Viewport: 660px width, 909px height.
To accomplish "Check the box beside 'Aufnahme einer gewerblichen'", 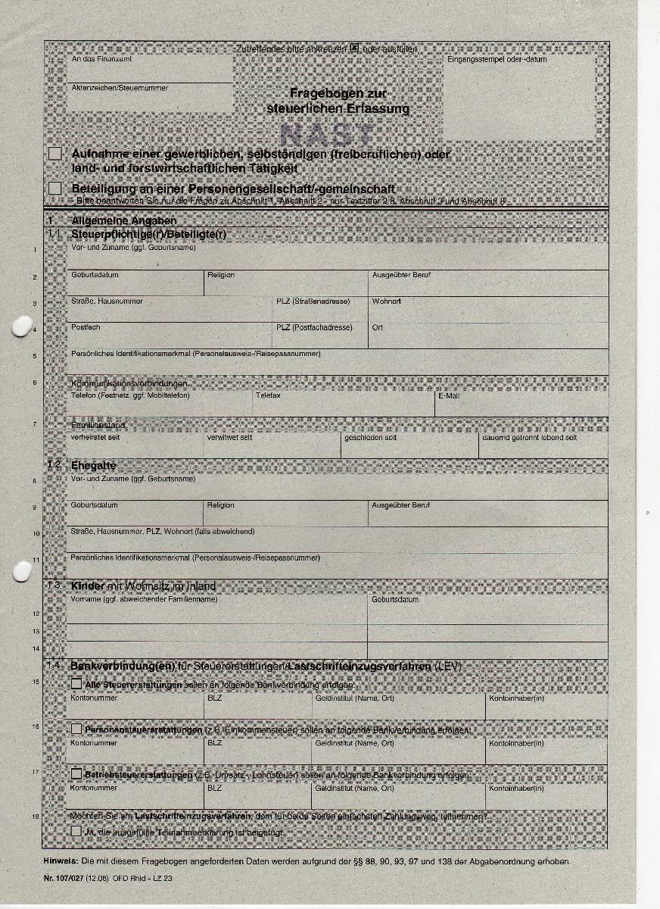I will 54,154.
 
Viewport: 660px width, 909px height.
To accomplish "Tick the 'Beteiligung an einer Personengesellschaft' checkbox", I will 54,188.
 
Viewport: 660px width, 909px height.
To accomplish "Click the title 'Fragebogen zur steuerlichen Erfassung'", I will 338,101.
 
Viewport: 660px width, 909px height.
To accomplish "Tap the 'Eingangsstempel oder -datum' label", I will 497,59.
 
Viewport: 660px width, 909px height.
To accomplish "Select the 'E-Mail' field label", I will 449,396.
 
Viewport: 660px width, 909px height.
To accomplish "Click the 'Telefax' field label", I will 268,396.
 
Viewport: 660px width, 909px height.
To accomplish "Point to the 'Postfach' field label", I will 86,327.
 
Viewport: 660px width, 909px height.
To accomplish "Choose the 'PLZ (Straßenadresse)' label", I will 313,301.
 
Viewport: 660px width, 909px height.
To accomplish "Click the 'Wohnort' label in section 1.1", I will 387,301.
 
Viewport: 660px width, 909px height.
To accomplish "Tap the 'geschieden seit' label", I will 370,438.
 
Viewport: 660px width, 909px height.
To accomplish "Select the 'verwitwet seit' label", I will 230,438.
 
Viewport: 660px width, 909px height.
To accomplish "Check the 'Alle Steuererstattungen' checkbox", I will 76,684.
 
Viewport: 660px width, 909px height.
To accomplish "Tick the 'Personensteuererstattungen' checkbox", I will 76,729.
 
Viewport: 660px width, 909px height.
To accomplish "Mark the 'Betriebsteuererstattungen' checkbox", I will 76,774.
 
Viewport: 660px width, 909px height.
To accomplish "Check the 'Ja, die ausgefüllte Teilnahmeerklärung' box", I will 76,831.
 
